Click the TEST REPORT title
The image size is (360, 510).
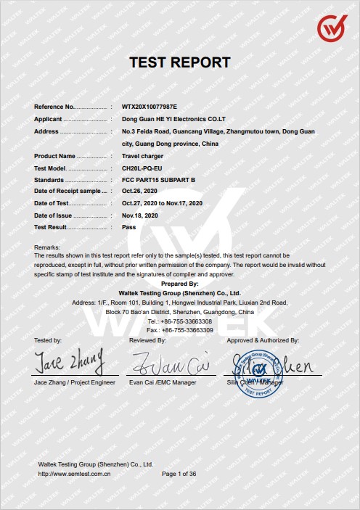coord(179,62)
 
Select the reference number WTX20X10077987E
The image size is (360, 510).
coord(150,107)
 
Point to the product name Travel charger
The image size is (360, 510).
coord(142,156)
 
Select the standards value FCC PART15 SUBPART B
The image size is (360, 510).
coord(158,179)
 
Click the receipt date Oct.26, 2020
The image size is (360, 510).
coord(140,191)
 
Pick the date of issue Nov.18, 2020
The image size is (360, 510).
coord(140,215)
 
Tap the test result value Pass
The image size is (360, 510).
coord(129,227)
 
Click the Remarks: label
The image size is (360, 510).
coord(47,248)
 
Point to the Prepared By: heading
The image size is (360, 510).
coord(179,284)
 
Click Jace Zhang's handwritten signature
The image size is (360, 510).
coord(70,361)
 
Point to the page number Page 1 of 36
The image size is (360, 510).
coord(179,473)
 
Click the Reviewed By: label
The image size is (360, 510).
coord(147,340)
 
